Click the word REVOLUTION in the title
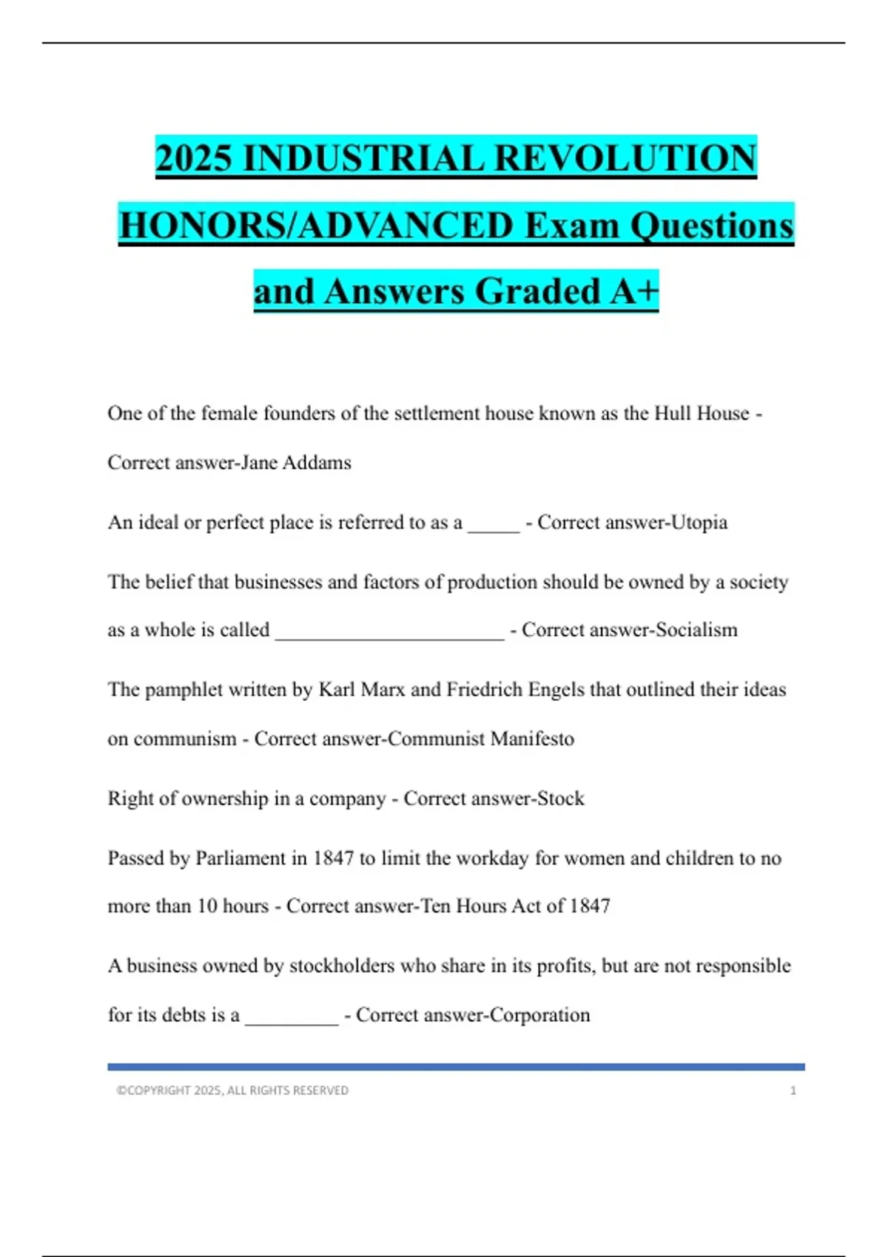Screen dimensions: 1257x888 pos(625,157)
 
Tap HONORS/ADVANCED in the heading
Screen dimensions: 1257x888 pos(316,225)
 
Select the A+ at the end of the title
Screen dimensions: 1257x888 pos(634,291)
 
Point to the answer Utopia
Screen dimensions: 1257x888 pos(699,523)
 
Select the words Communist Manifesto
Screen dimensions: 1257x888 pos(481,739)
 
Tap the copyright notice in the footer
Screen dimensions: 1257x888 pos(232,1091)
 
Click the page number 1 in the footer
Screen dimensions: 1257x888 pos(793,1091)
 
